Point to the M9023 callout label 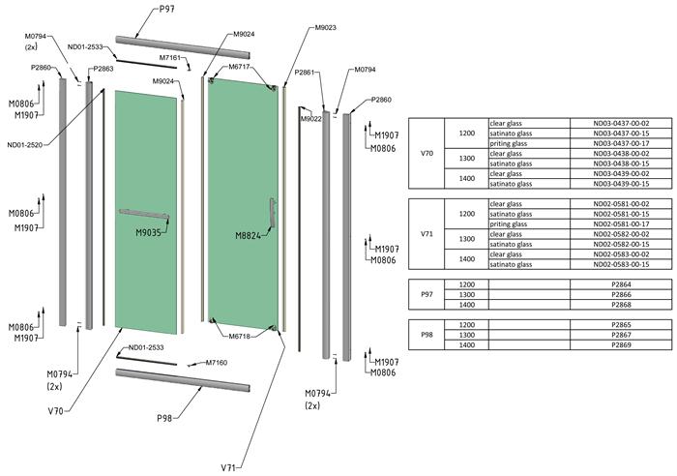326,28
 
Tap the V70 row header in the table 427,154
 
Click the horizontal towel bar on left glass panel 143,212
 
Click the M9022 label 310,119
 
